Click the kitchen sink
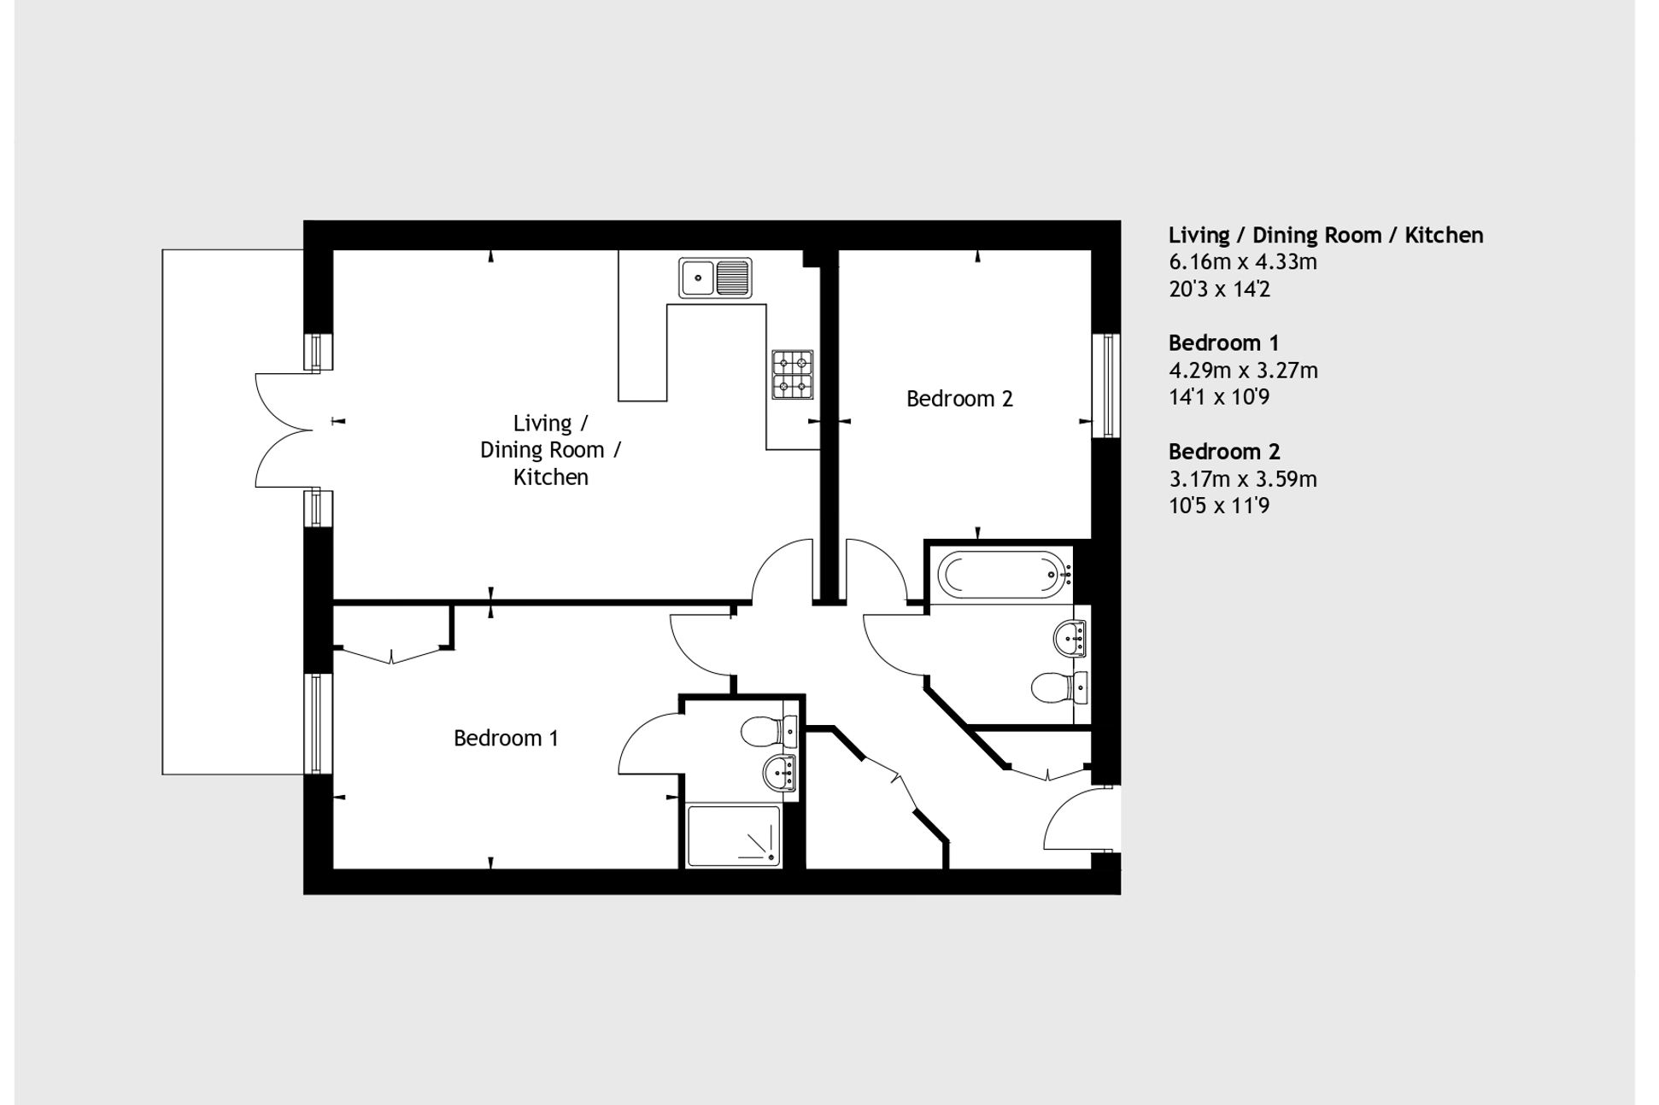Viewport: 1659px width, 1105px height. (715, 278)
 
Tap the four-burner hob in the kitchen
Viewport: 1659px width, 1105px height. (792, 375)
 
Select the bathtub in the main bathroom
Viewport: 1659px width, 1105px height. (1004, 574)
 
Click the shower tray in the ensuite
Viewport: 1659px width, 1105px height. (734, 835)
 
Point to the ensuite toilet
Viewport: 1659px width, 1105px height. (769, 731)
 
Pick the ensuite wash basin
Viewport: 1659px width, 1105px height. (780, 774)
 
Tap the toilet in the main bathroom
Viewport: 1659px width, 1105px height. (1059, 687)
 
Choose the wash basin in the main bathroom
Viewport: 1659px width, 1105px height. (1071, 638)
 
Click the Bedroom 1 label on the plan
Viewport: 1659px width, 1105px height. (506, 738)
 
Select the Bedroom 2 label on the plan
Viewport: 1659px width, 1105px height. (959, 399)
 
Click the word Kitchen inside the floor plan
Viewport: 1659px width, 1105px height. (551, 477)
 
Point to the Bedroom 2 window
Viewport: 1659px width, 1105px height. (1106, 385)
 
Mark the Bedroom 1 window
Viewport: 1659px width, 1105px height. (318, 723)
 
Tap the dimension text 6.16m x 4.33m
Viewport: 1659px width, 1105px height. (1243, 262)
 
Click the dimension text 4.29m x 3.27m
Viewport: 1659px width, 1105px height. (1243, 371)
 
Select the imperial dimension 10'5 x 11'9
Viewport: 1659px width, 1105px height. (1219, 506)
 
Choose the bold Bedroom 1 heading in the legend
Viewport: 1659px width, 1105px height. (1223, 343)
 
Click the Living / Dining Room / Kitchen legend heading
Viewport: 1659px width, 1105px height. (1326, 236)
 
